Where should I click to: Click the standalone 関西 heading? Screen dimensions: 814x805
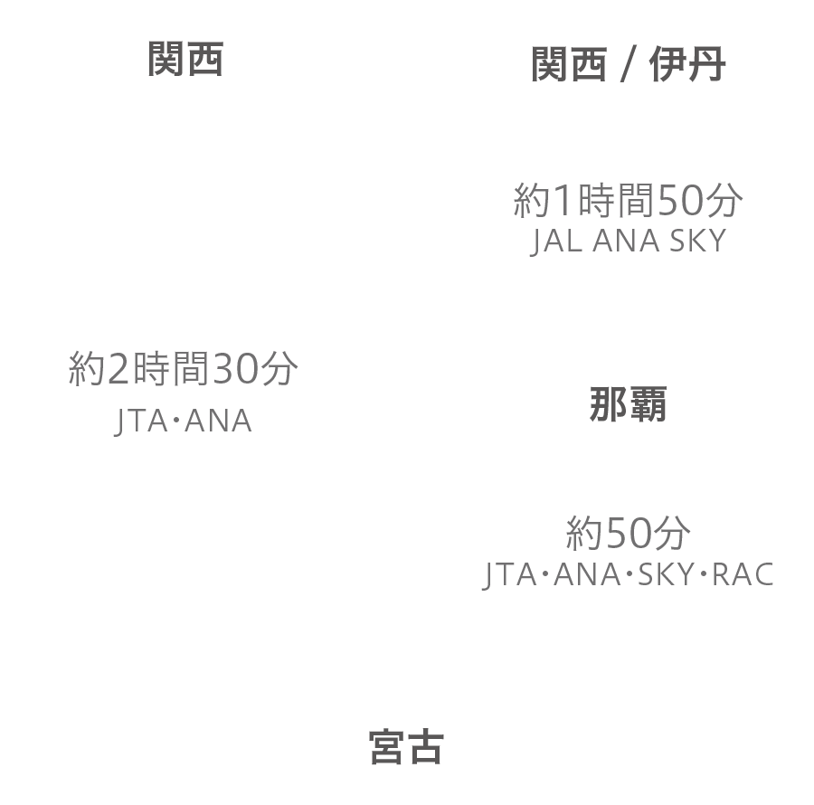[x=185, y=59]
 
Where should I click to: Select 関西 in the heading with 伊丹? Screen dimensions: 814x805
[x=569, y=64]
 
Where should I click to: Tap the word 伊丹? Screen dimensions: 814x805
[x=687, y=64]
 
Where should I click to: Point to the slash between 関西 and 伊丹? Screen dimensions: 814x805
[x=629, y=65]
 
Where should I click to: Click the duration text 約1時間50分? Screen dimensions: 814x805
[x=629, y=200]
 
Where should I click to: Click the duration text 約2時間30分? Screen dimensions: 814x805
[x=184, y=368]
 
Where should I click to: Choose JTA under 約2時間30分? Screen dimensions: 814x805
[x=141, y=421]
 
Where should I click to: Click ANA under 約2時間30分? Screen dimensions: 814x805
[x=218, y=421]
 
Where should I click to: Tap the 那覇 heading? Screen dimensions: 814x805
[x=629, y=404]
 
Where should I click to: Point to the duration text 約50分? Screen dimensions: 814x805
[x=629, y=533]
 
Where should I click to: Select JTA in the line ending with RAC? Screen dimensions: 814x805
[x=510, y=574]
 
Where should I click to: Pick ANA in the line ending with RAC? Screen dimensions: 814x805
[x=587, y=574]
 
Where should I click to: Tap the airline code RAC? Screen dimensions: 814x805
[x=743, y=574]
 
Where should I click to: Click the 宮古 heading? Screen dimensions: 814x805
[x=406, y=747]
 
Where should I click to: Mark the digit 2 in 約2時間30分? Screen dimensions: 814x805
[x=118, y=369]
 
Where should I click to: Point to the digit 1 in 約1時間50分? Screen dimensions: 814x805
[x=563, y=201]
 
